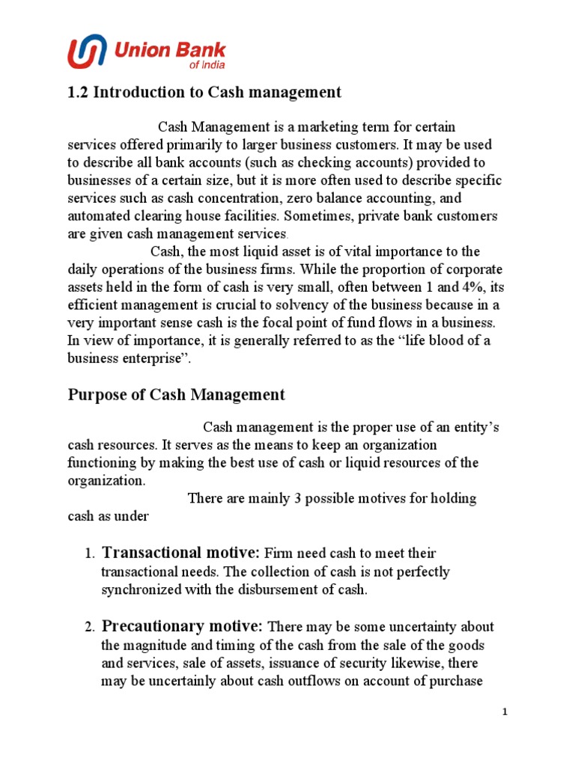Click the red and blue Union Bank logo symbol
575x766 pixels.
pyautogui.click(x=88, y=53)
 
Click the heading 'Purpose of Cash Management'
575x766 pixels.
pyautogui.click(x=177, y=394)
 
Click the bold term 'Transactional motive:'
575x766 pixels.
pyautogui.click(x=181, y=553)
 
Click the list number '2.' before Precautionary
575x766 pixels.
pyautogui.click(x=89, y=627)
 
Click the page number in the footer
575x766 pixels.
pyautogui.click(x=505, y=712)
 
